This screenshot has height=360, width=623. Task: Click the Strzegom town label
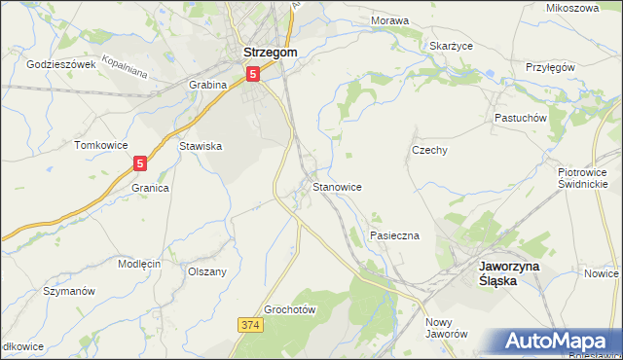point(269,53)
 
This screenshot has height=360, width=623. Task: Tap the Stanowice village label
point(338,186)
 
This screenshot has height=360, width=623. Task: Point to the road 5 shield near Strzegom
point(253,73)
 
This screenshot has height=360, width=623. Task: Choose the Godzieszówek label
point(61,64)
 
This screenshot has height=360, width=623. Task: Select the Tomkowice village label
point(101,145)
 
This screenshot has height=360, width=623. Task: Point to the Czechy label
point(429,151)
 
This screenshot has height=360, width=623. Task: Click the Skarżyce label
point(451,46)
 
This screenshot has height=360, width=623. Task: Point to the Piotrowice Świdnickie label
point(583,177)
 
